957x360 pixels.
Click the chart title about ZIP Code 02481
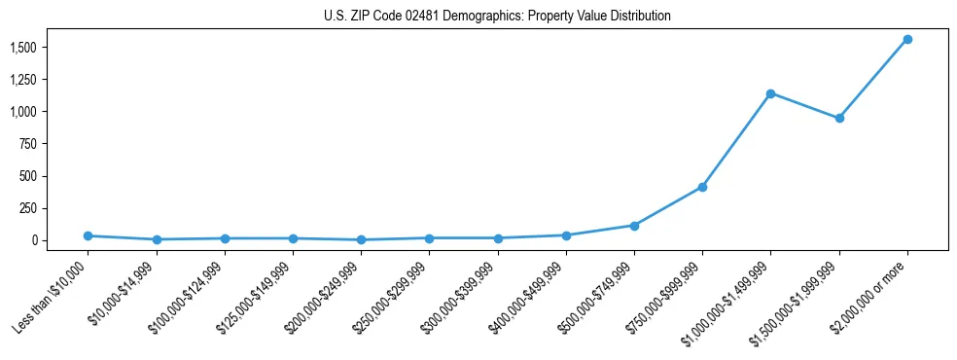point(497,17)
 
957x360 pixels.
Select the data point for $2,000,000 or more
point(907,39)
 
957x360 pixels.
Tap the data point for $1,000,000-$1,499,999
point(770,93)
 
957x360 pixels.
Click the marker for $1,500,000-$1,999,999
point(839,119)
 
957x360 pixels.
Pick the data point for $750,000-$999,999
point(702,187)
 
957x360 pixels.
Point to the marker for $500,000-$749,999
point(634,226)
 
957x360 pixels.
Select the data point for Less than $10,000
point(88,235)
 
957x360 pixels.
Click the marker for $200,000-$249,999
point(361,239)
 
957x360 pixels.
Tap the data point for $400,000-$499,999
point(566,235)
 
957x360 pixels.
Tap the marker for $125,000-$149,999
point(293,238)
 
